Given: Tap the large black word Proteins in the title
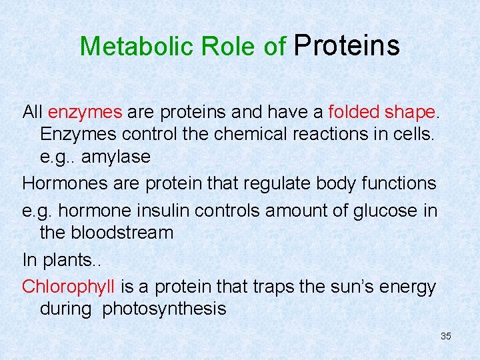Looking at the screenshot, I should pyautogui.click(x=347, y=45).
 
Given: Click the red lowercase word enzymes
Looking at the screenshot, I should pyautogui.click(x=85, y=111).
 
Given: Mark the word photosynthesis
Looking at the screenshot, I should pyautogui.click(x=164, y=309).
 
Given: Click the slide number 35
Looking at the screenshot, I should pyautogui.click(x=446, y=336).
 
